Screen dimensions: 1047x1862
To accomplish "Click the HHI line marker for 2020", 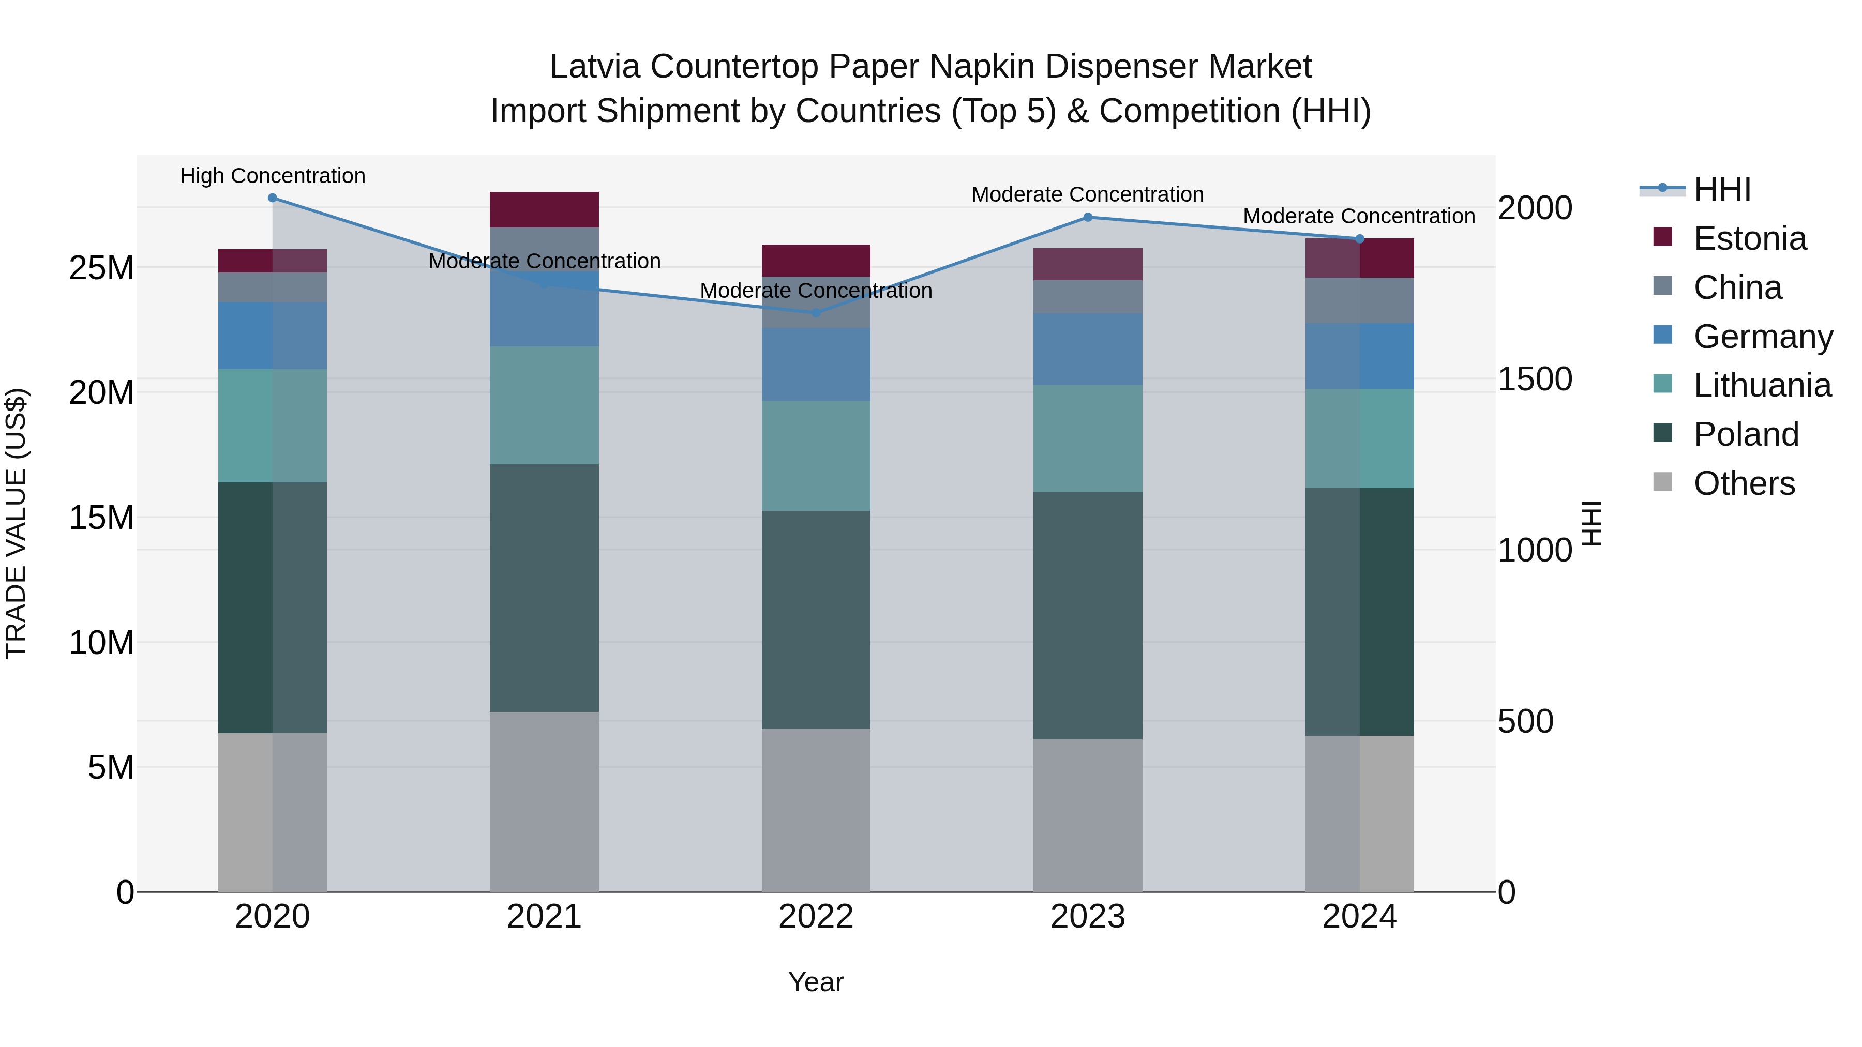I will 273,198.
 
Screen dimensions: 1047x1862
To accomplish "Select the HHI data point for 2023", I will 1088,218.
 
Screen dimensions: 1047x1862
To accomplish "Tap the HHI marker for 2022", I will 816,313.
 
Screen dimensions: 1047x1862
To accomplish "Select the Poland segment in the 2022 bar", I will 816,620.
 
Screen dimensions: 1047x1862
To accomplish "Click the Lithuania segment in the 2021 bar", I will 544,405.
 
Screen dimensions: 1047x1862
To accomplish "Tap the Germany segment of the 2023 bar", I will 1088,349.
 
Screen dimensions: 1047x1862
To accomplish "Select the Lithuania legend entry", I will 1762,385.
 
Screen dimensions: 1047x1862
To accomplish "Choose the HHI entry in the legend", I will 1722,189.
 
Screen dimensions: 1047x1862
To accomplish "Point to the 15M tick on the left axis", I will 101,518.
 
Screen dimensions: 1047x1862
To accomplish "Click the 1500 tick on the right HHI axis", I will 1534,380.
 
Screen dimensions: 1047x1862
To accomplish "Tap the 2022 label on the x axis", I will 816,917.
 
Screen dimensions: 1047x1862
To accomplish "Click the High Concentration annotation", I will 273,176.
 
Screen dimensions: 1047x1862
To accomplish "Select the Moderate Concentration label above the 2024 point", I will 1359,216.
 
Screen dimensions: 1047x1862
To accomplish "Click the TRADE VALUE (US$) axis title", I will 16,523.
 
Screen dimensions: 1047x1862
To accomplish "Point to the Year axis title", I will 816,982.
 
